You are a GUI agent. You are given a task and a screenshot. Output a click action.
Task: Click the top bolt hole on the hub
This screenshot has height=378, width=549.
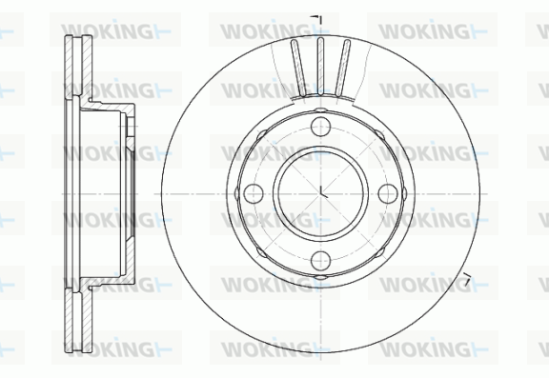[x=320, y=127]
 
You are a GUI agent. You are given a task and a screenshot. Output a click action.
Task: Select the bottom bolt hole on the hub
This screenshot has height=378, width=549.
[x=320, y=261]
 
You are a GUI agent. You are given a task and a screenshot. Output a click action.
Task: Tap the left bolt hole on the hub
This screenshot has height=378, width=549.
[x=254, y=193]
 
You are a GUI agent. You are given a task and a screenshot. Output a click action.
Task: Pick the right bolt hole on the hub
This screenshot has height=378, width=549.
[x=388, y=193]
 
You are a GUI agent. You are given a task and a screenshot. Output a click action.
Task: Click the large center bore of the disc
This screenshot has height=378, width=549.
[x=320, y=193]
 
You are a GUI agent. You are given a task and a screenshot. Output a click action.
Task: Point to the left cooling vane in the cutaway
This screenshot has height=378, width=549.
[x=298, y=68]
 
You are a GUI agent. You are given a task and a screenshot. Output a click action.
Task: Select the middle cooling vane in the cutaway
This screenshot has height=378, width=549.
[x=320, y=66]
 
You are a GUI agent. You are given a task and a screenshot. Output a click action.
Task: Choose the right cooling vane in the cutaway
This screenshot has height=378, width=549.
[x=342, y=68]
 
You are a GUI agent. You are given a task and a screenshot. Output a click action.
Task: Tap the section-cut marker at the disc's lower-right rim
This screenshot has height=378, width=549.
[x=467, y=278]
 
